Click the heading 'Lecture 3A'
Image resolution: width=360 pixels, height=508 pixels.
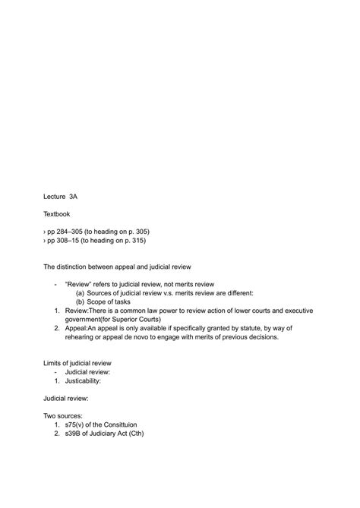coord(60,196)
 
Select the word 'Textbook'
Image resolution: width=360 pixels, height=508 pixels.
coord(57,214)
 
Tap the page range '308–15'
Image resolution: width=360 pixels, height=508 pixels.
coord(72,241)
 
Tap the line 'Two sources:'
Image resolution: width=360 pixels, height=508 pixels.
coord(62,416)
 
